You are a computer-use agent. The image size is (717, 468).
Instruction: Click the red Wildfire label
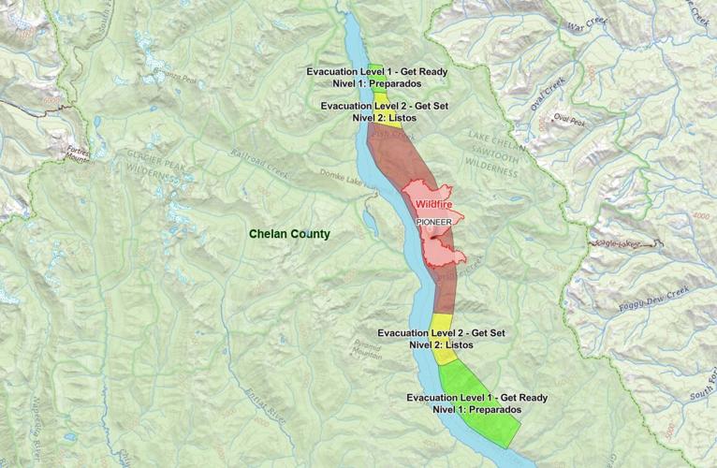tap(436, 202)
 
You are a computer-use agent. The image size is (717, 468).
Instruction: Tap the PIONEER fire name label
tap(434, 222)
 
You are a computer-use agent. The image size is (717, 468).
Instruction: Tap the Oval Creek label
tap(548, 94)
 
